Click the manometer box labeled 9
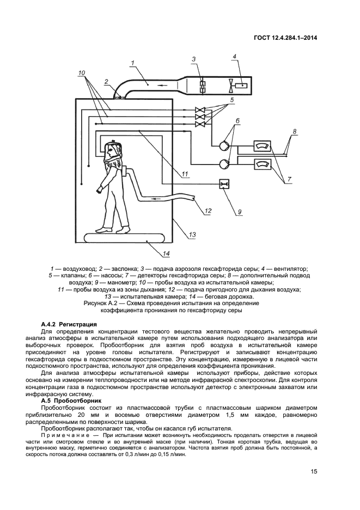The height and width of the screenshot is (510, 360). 224,185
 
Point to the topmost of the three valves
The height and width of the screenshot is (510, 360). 200,108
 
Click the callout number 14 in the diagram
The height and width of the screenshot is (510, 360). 166,253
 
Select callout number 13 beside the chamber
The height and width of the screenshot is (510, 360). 192,235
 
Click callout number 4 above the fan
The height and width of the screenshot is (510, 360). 234,56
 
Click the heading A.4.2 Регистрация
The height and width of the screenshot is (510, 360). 69,324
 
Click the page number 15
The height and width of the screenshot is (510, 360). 314,472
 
